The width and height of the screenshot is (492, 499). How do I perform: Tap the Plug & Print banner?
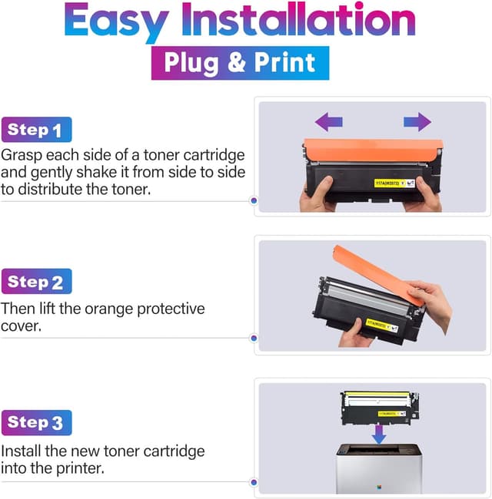pyautogui.click(x=240, y=63)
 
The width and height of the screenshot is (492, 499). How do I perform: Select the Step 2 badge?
pyautogui.click(x=36, y=282)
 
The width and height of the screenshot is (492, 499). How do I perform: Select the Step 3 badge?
pyautogui.click(x=36, y=422)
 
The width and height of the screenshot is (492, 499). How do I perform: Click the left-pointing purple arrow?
pyautogui.click(x=329, y=121)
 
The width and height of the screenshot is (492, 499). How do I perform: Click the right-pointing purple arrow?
pyautogui.click(x=417, y=121)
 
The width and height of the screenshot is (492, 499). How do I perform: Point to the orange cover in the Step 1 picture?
pyautogui.click(x=369, y=151)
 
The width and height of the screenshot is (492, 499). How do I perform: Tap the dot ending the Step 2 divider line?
pyautogui.click(x=254, y=337)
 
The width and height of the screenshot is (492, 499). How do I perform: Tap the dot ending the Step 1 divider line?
pyautogui.click(x=254, y=201)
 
